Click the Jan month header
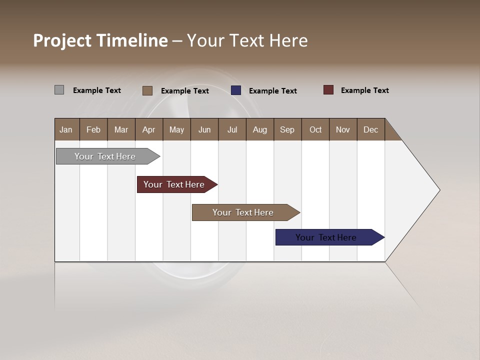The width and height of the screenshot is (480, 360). tap(66, 129)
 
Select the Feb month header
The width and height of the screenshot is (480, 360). tap(93, 129)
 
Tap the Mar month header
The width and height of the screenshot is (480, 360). tap(121, 129)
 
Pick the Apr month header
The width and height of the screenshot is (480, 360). tap(149, 129)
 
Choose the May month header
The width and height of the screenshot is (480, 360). tap(176, 129)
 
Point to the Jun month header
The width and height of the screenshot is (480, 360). tap(204, 129)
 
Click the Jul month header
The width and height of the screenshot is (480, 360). tap(232, 129)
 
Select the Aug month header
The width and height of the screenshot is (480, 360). tap(260, 129)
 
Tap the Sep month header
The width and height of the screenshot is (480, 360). tap(287, 129)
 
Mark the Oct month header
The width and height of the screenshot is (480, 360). tap(315, 129)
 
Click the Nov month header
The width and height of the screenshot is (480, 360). tap(343, 129)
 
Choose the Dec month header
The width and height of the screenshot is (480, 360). tap(371, 129)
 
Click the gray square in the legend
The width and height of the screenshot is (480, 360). tap(59, 90)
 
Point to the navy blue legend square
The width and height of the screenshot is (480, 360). tap(236, 90)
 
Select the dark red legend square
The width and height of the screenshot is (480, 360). tap(328, 90)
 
